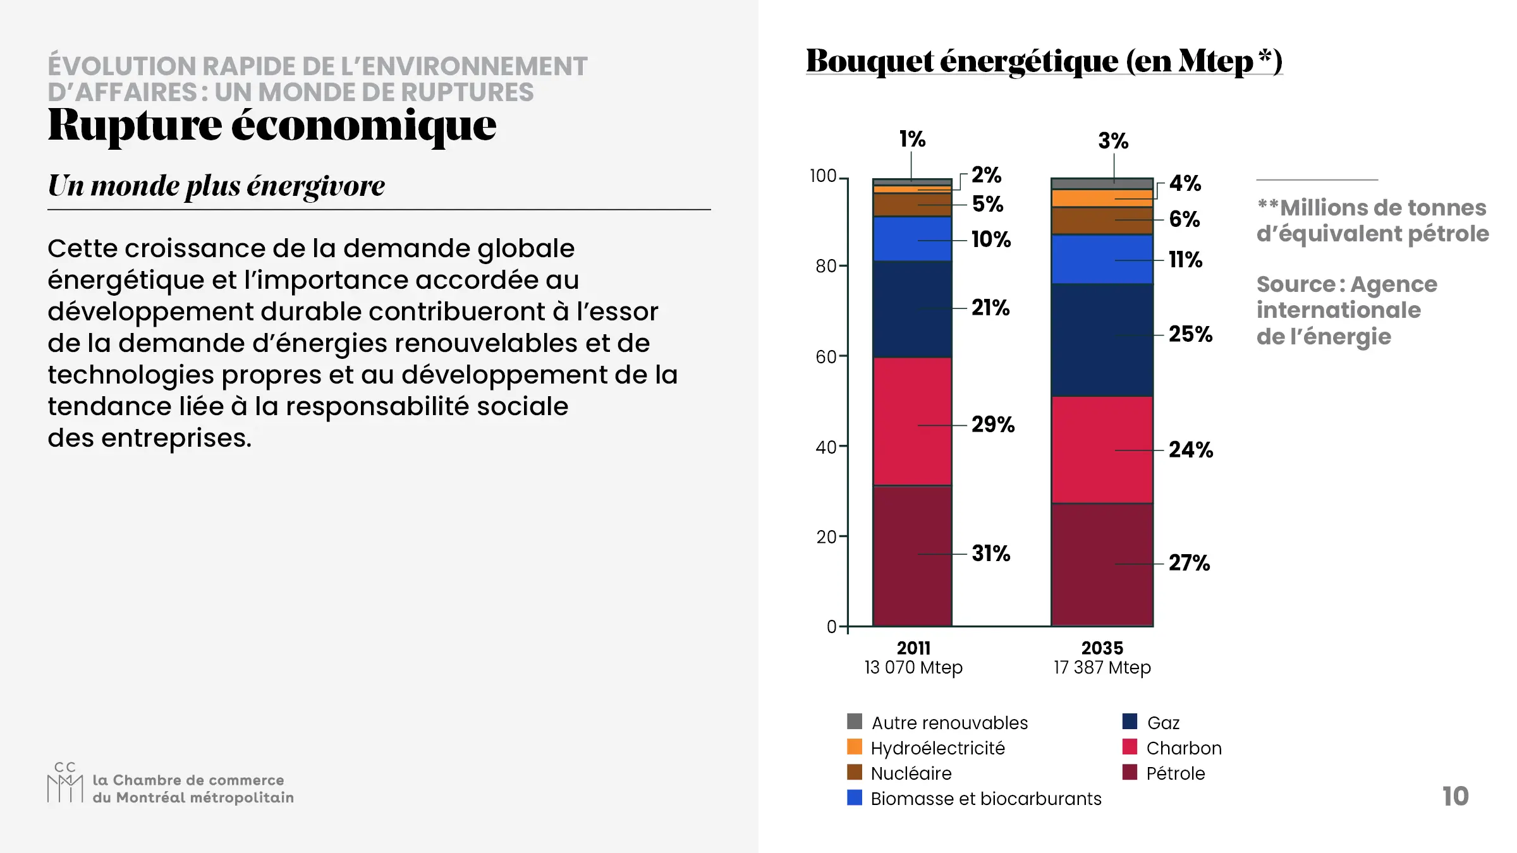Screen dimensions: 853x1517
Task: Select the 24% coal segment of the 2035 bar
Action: click(1102, 450)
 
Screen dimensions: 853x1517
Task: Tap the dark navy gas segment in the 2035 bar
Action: click(1102, 340)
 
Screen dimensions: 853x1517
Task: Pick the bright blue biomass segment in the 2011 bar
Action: click(912, 239)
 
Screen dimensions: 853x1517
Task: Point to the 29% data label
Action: click(992, 425)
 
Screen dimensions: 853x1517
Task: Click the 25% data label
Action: click(1190, 334)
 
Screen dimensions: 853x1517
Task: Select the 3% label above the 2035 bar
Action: click(1113, 141)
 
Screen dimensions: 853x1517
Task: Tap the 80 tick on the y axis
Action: click(827, 266)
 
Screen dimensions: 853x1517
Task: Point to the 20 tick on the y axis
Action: click(827, 537)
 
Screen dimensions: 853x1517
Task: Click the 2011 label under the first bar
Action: click(913, 648)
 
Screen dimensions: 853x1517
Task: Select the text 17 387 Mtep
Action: click(1102, 667)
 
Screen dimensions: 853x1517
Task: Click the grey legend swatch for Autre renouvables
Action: click(855, 722)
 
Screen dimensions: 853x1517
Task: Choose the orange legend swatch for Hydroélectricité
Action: click(855, 747)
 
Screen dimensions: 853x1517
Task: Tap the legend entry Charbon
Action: click(1183, 748)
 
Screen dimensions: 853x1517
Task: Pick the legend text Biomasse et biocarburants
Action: click(985, 799)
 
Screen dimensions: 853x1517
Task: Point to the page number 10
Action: click(1455, 796)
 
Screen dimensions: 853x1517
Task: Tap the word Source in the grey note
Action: click(1294, 284)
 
